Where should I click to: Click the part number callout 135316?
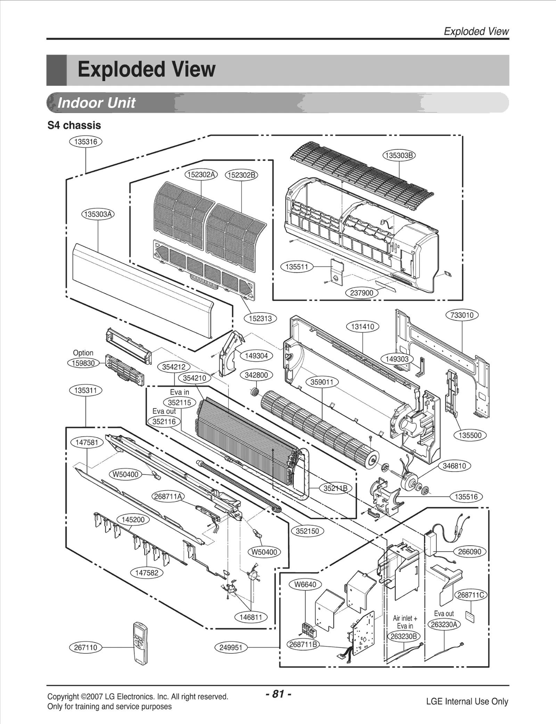click(x=85, y=142)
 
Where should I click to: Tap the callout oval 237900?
click(x=361, y=293)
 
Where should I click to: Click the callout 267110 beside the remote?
click(x=85, y=648)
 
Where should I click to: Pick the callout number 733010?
click(x=462, y=315)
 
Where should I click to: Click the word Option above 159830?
click(x=83, y=353)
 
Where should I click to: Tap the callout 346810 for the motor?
click(x=454, y=466)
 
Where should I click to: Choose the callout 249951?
click(x=230, y=648)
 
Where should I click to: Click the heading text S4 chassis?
click(x=74, y=125)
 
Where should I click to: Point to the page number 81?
click(x=278, y=694)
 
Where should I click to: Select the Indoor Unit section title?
click(x=96, y=103)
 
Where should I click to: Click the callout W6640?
click(x=305, y=584)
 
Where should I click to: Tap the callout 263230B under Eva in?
click(x=403, y=636)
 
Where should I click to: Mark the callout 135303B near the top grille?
click(x=399, y=155)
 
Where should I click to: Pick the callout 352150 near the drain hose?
click(x=307, y=531)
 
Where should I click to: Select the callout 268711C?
click(x=471, y=595)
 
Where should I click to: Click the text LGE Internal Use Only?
click(x=467, y=701)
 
